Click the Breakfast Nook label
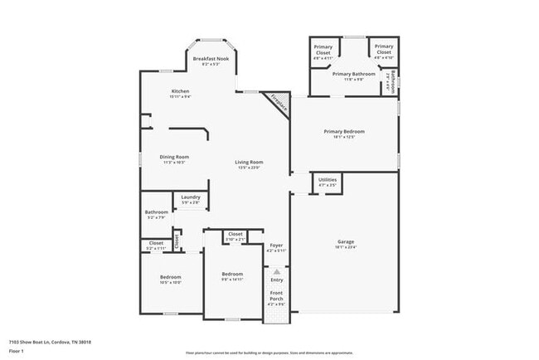point(210,59)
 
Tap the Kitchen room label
point(181,90)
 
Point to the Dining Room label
point(174,157)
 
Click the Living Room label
point(249,162)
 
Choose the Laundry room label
point(190,197)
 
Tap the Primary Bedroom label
point(344,131)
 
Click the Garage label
point(345,242)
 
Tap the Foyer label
point(277,246)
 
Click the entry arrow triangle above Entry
point(277,271)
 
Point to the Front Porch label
point(276,296)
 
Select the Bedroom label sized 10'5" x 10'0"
point(170,277)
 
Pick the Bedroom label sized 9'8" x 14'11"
point(232,275)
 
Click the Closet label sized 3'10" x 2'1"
point(236,235)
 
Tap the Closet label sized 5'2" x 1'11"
point(156,243)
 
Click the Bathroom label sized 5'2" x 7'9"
point(157,212)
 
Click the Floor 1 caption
point(17,350)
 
